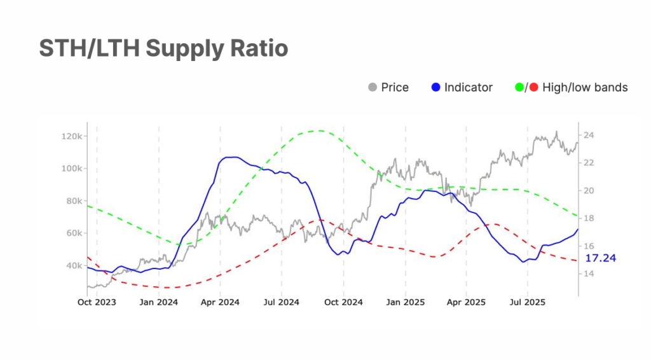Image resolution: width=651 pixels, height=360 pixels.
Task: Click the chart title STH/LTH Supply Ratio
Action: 163,48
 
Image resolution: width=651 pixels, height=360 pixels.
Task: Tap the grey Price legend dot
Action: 373,87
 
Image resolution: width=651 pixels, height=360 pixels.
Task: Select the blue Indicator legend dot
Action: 435,87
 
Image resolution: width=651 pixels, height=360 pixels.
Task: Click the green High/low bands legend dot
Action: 519,87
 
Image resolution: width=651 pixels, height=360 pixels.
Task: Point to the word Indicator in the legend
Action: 468,87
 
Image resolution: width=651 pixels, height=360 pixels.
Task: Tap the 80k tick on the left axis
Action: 72,201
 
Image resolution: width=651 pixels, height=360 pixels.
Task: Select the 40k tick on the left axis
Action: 72,265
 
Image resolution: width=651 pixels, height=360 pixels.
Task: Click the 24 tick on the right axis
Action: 589,135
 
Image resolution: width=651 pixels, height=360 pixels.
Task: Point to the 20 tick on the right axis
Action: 589,190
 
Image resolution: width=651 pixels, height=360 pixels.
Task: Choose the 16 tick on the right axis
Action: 589,246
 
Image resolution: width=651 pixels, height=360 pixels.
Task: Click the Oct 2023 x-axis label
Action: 97,303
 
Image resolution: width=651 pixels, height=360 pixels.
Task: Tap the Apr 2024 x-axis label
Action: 220,303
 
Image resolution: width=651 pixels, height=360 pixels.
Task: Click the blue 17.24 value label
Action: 600,259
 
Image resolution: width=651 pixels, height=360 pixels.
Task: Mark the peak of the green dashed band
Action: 319,131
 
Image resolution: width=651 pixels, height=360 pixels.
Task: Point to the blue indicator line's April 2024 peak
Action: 230,156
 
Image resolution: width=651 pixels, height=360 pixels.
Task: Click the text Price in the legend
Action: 395,87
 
